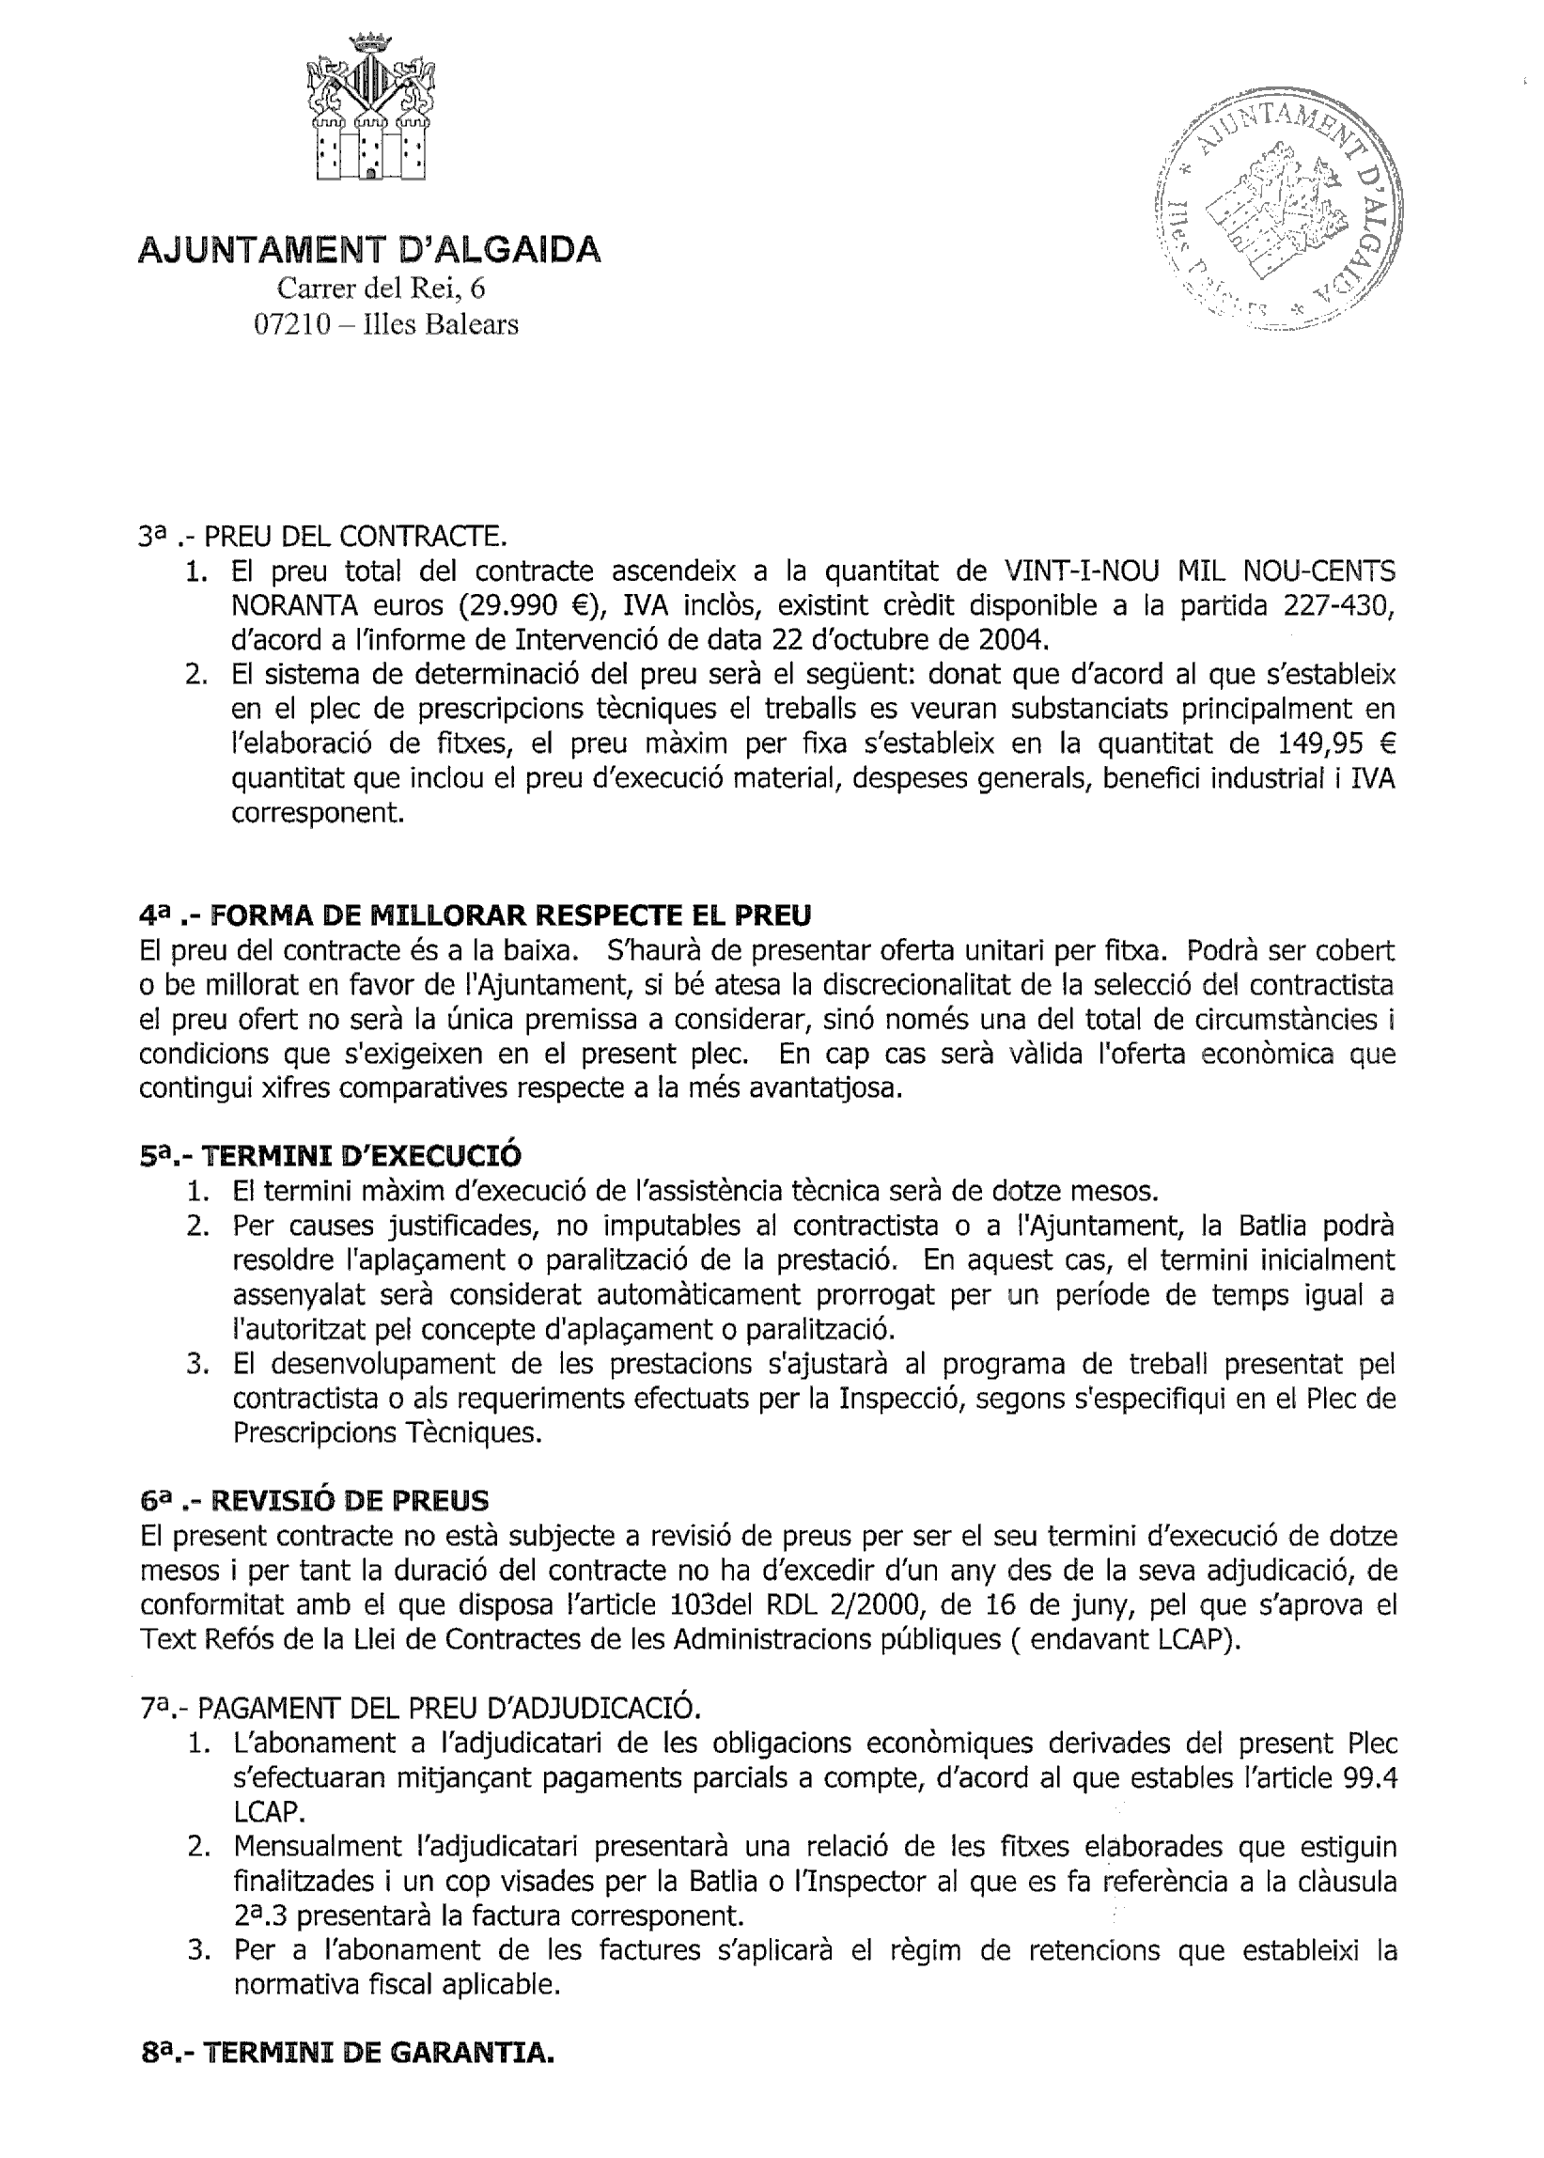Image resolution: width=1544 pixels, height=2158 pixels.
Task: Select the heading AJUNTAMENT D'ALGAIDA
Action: [x=370, y=249]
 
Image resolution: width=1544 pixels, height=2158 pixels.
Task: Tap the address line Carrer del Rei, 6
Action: [x=381, y=288]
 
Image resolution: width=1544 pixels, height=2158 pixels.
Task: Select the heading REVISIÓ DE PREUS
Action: [x=348, y=1501]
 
